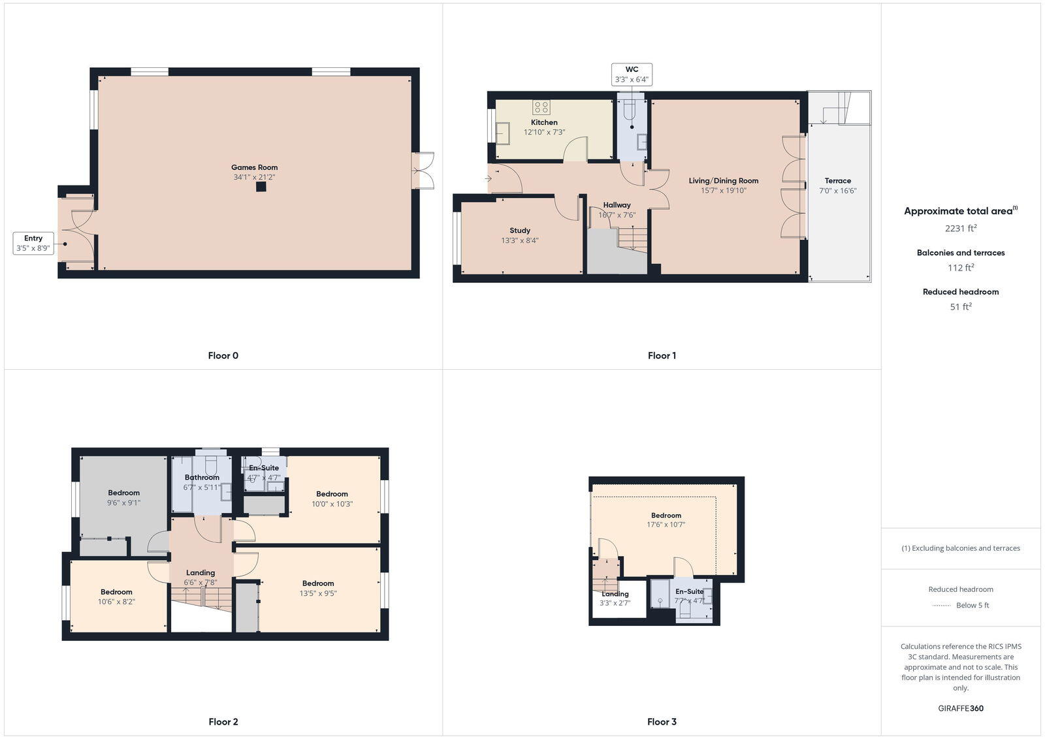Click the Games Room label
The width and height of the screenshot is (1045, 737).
[x=254, y=167]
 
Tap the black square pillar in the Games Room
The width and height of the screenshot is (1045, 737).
[x=261, y=187]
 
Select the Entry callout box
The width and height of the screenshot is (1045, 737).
[x=33, y=243]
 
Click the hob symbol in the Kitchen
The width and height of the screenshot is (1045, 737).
[x=541, y=107]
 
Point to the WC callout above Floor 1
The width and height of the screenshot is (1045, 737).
[x=632, y=74]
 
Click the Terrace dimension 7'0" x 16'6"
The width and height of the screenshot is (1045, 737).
[x=837, y=191]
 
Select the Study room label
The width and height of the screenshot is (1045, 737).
[x=520, y=231]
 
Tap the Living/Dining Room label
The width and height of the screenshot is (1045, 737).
[x=723, y=181]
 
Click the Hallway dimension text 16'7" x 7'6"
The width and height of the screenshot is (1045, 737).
[x=617, y=215]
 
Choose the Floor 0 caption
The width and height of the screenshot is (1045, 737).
[x=223, y=355]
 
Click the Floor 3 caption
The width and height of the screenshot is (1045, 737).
[x=662, y=721]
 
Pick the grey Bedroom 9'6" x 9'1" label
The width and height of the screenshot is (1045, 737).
[x=123, y=493]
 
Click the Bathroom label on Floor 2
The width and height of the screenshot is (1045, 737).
[x=202, y=478]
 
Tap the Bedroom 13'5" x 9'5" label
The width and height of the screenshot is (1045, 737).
[x=318, y=583]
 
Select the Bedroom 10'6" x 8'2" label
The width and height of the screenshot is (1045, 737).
[x=116, y=592]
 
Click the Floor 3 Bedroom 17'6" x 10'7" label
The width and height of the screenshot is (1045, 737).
[x=666, y=516]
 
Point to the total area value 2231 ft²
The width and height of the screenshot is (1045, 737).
[x=960, y=229]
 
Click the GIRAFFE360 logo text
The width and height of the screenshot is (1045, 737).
[x=960, y=708]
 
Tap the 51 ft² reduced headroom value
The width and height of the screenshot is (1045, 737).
[x=960, y=306]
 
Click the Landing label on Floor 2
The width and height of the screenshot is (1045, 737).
[x=200, y=573]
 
